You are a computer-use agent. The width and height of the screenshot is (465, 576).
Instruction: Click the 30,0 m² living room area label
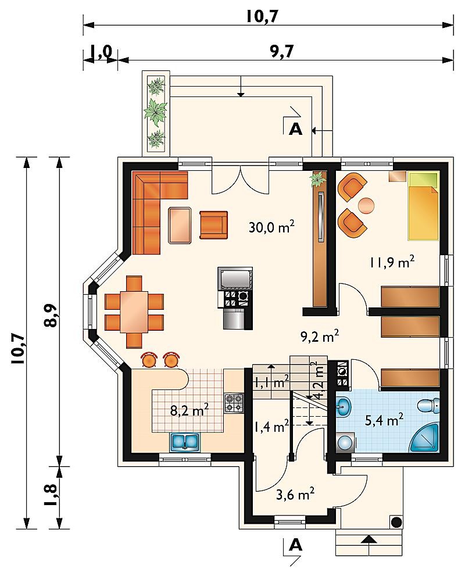[271, 227]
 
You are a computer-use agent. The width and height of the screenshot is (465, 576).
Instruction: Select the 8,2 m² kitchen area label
[189, 410]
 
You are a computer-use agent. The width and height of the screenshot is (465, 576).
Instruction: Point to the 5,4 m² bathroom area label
[384, 419]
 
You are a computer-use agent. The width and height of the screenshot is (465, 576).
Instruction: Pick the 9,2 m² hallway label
[320, 336]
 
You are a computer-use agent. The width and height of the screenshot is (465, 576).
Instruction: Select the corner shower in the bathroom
[426, 438]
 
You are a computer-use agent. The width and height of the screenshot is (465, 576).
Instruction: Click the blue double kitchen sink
[184, 442]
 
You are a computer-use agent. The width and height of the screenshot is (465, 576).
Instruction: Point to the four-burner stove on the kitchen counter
[234, 403]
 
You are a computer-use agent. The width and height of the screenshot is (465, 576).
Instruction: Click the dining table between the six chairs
[134, 312]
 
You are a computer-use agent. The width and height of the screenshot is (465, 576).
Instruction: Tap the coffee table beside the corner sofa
[180, 225]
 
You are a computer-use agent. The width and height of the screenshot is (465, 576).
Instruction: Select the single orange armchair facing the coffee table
[214, 225]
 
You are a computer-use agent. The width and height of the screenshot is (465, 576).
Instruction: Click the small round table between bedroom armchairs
[367, 205]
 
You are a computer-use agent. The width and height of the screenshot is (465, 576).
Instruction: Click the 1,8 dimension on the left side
[51, 495]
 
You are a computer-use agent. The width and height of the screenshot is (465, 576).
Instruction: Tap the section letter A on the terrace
[296, 129]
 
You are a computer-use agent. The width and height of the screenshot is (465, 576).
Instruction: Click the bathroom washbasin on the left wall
[344, 407]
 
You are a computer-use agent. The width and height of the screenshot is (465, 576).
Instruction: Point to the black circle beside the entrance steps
[396, 521]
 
